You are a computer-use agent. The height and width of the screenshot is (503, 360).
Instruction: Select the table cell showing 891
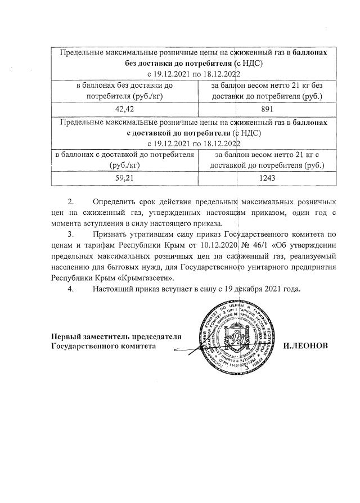267,109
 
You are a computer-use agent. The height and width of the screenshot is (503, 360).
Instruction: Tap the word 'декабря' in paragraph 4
247,290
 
